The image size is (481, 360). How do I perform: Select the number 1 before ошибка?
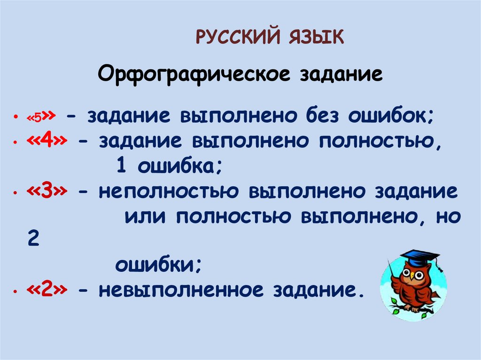[x=119, y=166]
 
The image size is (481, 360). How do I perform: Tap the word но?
[x=446, y=217]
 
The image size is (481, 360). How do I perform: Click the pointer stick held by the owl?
[x=393, y=277]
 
